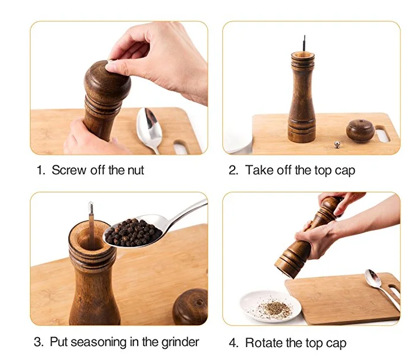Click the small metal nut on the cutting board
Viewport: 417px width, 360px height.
[x=337, y=145]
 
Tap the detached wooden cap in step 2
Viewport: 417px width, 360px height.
[x=361, y=131]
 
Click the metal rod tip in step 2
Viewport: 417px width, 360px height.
[x=305, y=36]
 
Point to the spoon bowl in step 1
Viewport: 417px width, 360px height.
[x=149, y=125]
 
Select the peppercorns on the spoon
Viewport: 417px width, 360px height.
[x=133, y=232]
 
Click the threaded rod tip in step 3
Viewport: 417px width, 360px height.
[x=91, y=204]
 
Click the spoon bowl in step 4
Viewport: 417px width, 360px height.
[x=373, y=278]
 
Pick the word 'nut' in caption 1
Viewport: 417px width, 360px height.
[x=136, y=170]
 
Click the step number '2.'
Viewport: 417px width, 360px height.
[x=233, y=170]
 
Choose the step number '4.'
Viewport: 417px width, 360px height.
[x=233, y=343]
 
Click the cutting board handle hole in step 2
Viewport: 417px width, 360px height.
[x=382, y=134]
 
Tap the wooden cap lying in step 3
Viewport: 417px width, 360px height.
[x=190, y=306]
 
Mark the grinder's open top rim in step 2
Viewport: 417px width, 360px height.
[x=303, y=55]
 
